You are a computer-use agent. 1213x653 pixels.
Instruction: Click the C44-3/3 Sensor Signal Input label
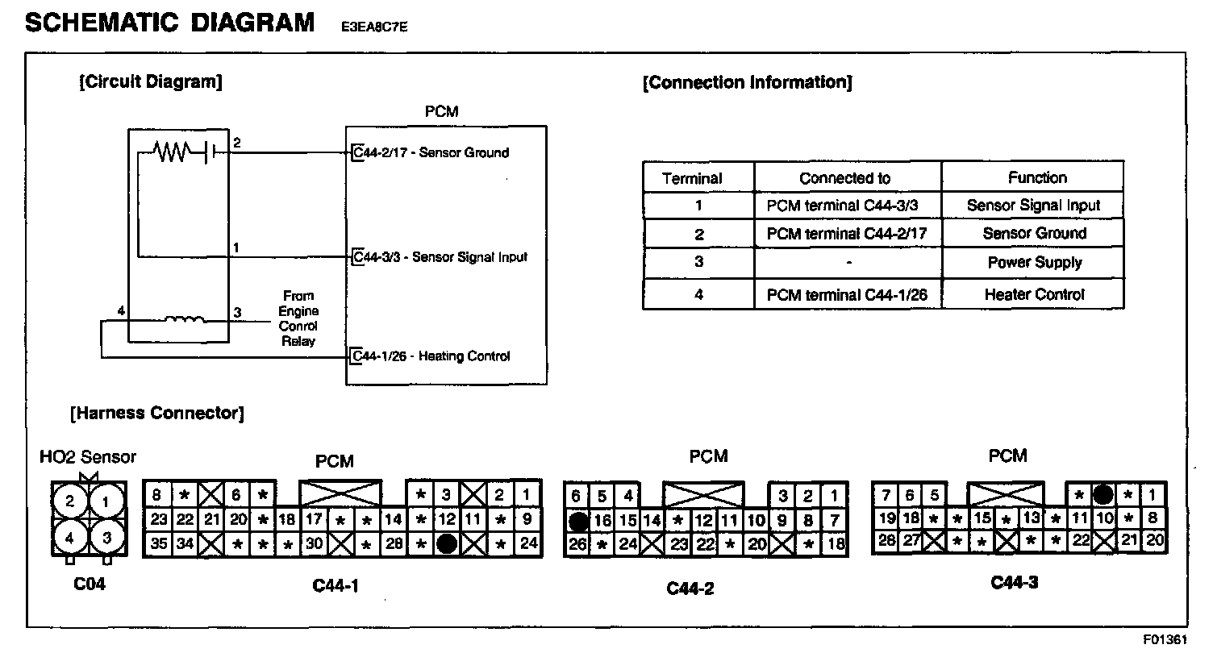point(440,257)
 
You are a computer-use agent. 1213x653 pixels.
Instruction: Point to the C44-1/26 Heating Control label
point(431,356)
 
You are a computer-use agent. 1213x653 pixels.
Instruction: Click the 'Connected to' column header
point(844,178)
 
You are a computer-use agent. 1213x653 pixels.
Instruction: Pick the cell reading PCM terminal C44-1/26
point(847,295)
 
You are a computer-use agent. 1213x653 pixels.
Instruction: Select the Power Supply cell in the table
point(1034,263)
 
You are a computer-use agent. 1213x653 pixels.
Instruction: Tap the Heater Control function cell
point(1034,295)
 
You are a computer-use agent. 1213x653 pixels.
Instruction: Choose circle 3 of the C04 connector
point(106,535)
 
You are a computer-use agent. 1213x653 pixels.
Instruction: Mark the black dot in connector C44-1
point(447,544)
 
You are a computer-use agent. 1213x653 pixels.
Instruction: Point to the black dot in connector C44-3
point(1103,494)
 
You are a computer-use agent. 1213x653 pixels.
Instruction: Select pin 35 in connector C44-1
point(158,544)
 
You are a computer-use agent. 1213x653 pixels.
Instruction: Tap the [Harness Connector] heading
point(157,414)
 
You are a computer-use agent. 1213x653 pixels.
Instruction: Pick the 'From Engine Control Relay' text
point(298,318)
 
